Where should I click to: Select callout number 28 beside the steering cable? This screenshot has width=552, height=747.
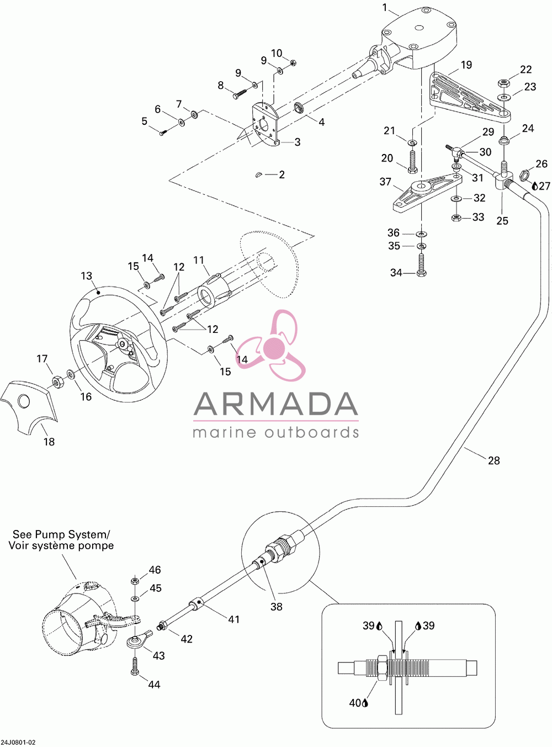point(493,460)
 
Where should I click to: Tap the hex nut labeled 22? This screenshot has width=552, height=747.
point(503,83)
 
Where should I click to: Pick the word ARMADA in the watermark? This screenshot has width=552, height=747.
point(275,404)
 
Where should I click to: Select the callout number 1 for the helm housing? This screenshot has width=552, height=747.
point(385,8)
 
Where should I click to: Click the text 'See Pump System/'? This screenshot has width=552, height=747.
point(61,534)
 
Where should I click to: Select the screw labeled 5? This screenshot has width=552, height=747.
point(163,133)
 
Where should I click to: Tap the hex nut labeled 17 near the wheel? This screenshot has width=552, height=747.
point(57,381)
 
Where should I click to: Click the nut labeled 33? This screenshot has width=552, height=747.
point(456,218)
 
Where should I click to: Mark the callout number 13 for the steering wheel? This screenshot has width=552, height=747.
point(86,276)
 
